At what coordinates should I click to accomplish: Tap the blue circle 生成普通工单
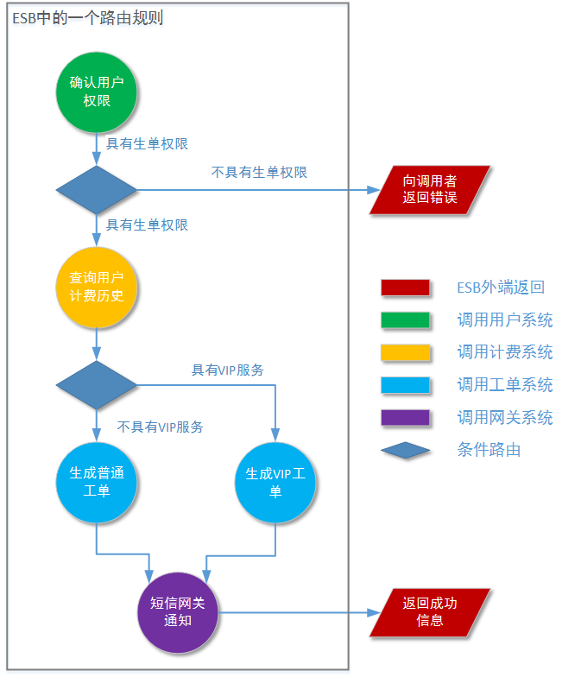click(97, 483)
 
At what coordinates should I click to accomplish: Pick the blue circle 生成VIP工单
click(276, 483)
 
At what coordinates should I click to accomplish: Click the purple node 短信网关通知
click(178, 612)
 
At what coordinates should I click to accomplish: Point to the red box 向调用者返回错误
click(430, 190)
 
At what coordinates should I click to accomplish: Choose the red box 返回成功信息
click(430, 612)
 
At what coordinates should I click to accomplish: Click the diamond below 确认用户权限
click(97, 190)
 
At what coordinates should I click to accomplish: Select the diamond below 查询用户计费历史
click(97, 385)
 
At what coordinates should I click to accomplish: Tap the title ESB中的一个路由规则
click(88, 18)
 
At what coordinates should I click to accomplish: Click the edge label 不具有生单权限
click(259, 172)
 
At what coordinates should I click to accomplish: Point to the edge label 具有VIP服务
click(227, 370)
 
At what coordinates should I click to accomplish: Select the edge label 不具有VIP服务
click(161, 427)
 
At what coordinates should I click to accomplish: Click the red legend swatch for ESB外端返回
click(405, 288)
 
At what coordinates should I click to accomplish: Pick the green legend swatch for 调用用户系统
click(405, 320)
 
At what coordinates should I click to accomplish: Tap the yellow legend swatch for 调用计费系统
click(405, 352)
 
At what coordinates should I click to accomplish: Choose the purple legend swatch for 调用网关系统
click(405, 418)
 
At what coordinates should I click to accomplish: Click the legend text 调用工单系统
click(505, 385)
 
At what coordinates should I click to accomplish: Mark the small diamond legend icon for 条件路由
click(405, 450)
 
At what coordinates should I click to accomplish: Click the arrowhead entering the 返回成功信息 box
click(375, 612)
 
